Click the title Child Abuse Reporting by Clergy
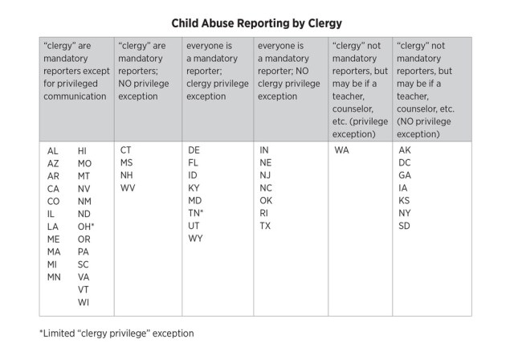(257, 23)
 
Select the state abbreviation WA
(341, 150)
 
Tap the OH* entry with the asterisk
(86, 227)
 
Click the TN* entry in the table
(196, 213)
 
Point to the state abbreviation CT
(125, 150)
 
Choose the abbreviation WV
(128, 188)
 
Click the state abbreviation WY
(195, 239)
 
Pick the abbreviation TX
(265, 226)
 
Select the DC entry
(405, 163)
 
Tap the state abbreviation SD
(404, 226)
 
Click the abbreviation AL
(52, 151)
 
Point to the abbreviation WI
(84, 302)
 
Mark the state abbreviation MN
(54, 277)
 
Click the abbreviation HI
(82, 151)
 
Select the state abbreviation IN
(264, 150)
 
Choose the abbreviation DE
(194, 150)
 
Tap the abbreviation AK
(405, 150)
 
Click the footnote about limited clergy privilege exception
(116, 333)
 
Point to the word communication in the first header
(75, 96)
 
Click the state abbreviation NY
(405, 213)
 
